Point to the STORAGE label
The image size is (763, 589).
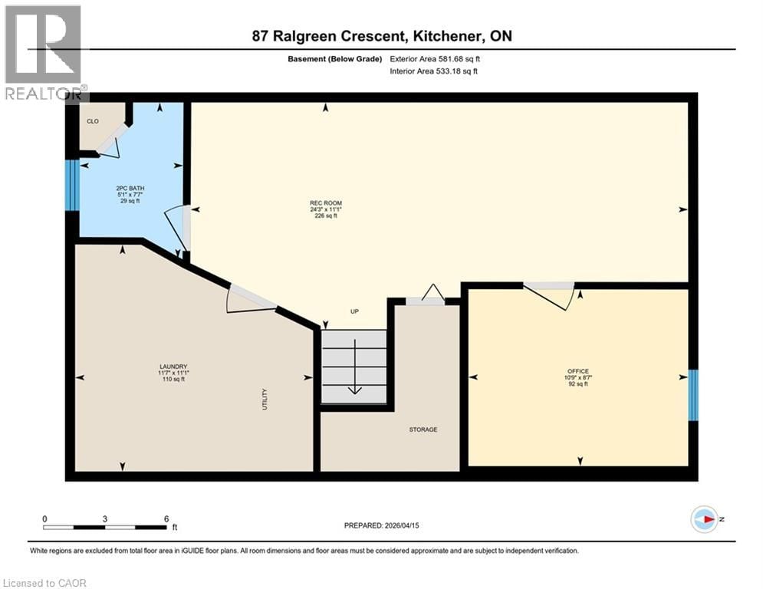(423, 429)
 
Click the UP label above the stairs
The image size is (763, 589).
(354, 311)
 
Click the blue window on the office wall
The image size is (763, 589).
(693, 395)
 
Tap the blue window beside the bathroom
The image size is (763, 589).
(71, 185)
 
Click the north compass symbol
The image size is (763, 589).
(703, 519)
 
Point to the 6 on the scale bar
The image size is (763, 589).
(166, 518)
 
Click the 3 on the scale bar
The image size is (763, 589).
(105, 518)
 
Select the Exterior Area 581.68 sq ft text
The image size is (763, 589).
(439, 58)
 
